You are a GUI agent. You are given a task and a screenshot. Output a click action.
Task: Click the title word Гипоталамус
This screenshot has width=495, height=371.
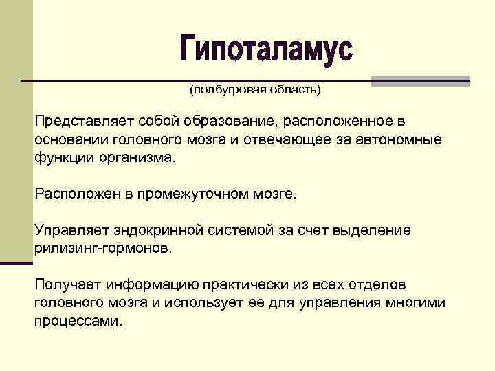pos(266,49)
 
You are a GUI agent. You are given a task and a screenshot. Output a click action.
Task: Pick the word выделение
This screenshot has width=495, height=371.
pos(372,229)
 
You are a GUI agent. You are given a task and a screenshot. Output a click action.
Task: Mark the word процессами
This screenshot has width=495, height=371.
pos(78,320)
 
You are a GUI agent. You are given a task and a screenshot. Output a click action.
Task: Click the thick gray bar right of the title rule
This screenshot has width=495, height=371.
pos(421,80)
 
